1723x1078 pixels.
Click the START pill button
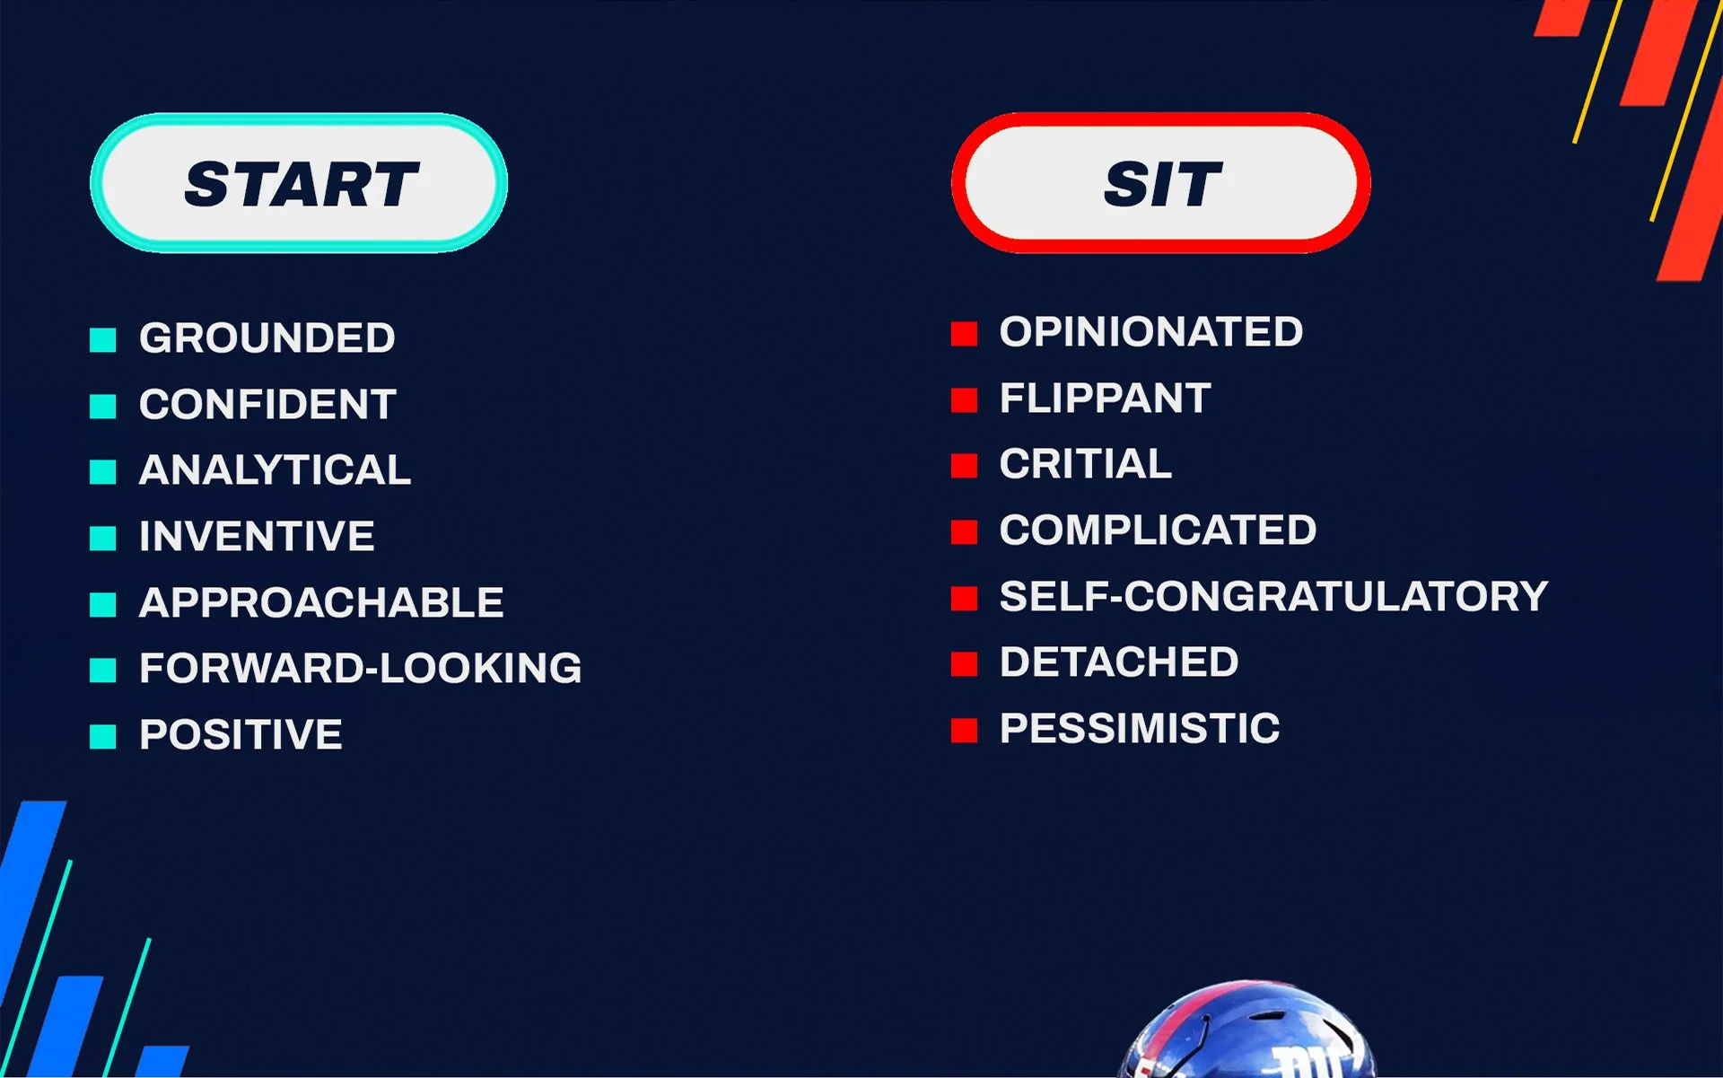[299, 183]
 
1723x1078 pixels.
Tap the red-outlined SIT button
[1160, 183]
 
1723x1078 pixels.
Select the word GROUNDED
[267, 338]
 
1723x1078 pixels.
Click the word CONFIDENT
[267, 405]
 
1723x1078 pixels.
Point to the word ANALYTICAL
[275, 470]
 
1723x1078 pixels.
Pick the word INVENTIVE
[257, 537]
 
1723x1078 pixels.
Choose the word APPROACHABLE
[321, 602]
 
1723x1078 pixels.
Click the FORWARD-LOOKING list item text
[360, 669]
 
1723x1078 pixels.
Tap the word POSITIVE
[241, 735]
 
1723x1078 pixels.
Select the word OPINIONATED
[1150, 332]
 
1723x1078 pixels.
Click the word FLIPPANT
[1105, 399]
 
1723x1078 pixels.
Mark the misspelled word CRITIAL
[1085, 464]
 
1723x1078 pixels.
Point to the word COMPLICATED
[1158, 530]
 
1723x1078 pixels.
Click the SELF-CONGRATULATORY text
[1273, 597]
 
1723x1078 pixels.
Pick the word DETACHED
[1118, 662]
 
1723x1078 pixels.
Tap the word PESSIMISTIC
[1139, 729]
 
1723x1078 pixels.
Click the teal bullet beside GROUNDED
[103, 339]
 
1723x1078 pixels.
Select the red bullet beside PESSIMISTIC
[964, 730]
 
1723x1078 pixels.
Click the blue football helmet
[1247, 1032]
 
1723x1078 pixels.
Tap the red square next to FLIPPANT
[964, 399]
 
